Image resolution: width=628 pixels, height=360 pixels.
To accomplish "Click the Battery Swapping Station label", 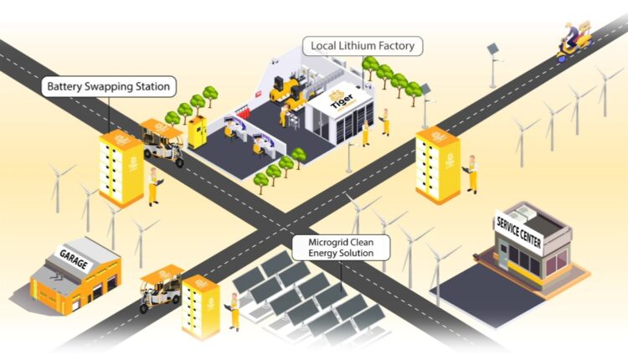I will (108, 86).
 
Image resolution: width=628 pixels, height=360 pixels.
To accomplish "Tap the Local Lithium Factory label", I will (362, 45).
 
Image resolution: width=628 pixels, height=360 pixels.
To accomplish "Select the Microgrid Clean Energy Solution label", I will (342, 247).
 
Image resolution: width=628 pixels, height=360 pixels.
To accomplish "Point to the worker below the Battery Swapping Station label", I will (153, 187).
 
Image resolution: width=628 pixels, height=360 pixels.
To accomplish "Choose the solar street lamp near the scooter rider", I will (492, 63).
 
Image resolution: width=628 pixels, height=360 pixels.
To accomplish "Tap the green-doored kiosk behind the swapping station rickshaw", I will (198, 132).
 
